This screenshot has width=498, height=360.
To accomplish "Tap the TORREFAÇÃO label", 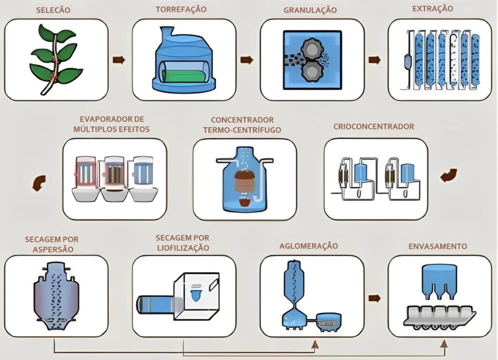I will [x=181, y=9].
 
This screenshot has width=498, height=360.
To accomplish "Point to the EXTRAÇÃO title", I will [x=432, y=8].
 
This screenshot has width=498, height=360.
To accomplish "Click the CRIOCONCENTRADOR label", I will [x=374, y=126].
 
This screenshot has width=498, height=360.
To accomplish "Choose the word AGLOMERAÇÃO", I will [x=309, y=246].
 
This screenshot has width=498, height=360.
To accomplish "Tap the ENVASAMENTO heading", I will [x=438, y=246].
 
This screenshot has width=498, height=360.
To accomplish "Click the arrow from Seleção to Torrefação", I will [x=119, y=60].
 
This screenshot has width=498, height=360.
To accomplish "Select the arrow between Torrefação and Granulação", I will [x=247, y=60].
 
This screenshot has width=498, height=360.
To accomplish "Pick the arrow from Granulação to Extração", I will [x=374, y=60].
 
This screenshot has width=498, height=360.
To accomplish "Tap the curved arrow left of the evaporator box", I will [x=37, y=183].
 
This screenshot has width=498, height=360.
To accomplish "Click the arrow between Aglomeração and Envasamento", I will [x=374, y=298].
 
